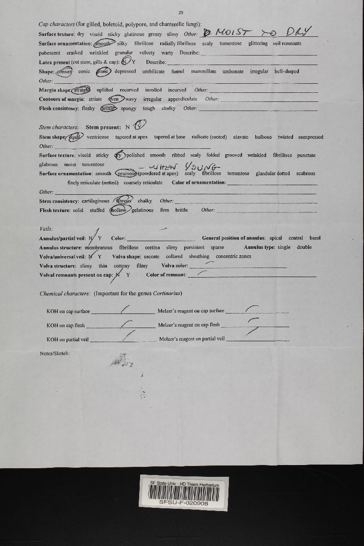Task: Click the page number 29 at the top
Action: coord(181,13)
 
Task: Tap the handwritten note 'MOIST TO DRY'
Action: coord(258,32)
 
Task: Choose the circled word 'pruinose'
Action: coord(126,173)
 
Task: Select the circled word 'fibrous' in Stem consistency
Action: coord(123,201)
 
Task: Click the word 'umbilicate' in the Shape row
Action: coord(153,71)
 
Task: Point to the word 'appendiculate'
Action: coord(182,99)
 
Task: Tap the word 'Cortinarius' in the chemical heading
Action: coord(167,293)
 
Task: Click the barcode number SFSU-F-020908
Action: coord(184,503)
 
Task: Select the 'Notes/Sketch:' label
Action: coord(55,353)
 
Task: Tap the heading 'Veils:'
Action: coord(46,228)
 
